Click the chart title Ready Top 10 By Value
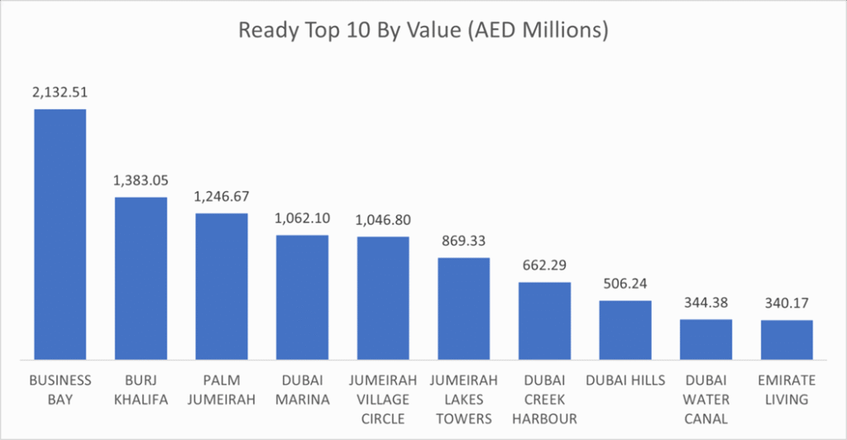423,31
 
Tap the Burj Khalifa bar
141,278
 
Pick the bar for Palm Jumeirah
222,286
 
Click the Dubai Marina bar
302,297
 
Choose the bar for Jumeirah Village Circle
383,298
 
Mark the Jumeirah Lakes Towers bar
463,308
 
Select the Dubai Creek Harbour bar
544,321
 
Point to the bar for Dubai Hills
625,330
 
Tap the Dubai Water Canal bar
706,339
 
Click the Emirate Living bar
787,340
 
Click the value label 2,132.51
60,93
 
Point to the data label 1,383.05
141,181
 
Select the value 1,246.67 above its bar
222,198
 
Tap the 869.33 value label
463,242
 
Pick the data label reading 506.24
625,285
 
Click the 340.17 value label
787,304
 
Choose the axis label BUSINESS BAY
60,390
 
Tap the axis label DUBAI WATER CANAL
706,399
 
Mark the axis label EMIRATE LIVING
787,390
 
